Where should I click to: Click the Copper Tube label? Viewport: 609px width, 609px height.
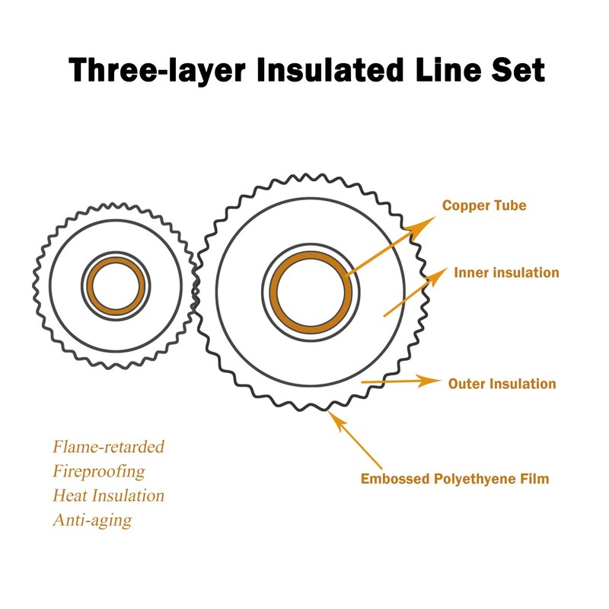(484, 206)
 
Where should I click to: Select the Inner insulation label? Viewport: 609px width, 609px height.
(506, 273)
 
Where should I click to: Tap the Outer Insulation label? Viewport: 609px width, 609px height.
(502, 384)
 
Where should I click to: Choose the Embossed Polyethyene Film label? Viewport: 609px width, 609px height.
(454, 480)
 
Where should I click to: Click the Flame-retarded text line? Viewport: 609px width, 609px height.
(108, 446)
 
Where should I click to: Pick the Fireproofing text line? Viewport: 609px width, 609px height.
(98, 470)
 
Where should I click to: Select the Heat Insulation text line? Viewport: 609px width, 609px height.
(108, 496)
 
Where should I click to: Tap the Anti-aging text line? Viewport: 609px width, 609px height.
(91, 521)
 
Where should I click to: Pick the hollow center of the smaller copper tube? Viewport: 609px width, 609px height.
(116, 286)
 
